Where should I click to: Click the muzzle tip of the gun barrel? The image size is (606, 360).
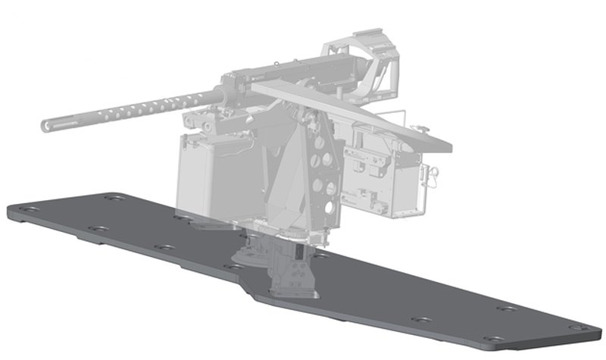point(45,122)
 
